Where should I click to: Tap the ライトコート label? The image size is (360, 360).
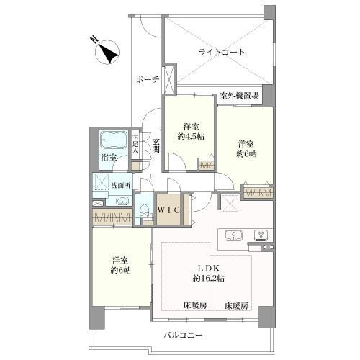pyautogui.click(x=222, y=52)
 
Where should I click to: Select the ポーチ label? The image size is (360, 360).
pyautogui.click(x=148, y=79)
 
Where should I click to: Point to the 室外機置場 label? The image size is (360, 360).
pyautogui.click(x=240, y=96)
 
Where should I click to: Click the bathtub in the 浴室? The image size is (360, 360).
pyautogui.click(x=113, y=140)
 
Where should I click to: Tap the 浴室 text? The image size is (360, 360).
pyautogui.click(x=109, y=158)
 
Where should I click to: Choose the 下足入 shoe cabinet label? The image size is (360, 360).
pyautogui.click(x=135, y=144)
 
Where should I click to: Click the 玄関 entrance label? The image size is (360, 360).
pyautogui.click(x=156, y=145)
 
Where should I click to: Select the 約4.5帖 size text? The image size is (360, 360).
pyautogui.click(x=191, y=137)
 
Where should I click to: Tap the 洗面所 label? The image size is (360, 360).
pyautogui.click(x=121, y=185)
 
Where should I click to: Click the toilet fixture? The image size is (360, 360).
pyautogui.click(x=145, y=211)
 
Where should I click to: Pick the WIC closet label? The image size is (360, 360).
pyautogui.click(x=168, y=210)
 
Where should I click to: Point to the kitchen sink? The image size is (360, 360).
pyautogui.click(x=233, y=235)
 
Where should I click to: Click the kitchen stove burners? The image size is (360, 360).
pyautogui.click(x=261, y=235)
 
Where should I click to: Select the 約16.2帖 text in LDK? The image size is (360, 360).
pyautogui.click(x=209, y=279)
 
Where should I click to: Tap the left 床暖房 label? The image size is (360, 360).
pyautogui.click(x=195, y=305)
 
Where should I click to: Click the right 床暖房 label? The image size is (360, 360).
pyautogui.click(x=236, y=306)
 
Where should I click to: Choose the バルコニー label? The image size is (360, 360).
pyautogui.click(x=183, y=335)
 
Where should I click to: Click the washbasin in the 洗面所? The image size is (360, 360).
pyautogui.click(x=122, y=201)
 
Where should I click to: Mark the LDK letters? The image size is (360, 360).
pyautogui.click(x=209, y=268)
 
